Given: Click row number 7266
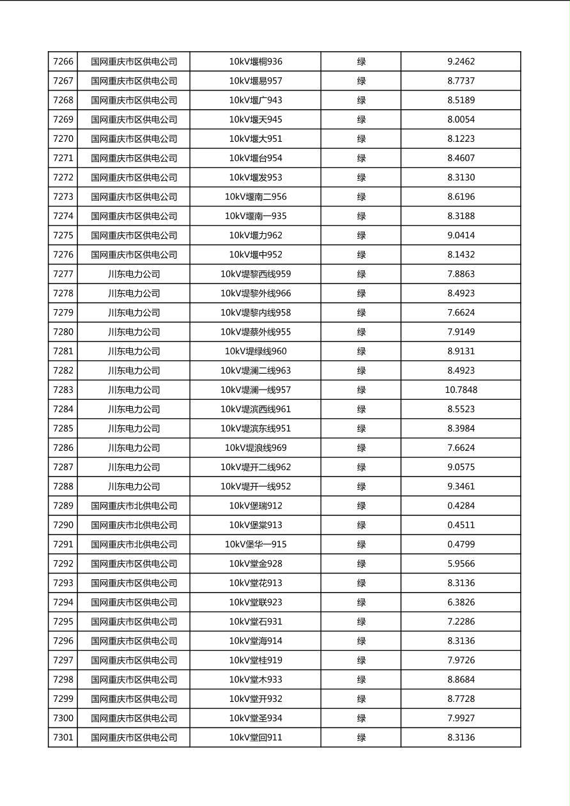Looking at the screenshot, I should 63,62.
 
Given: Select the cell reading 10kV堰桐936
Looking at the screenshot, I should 256,62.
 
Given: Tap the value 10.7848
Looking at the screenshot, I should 461,390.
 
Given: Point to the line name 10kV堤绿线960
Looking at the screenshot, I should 256,351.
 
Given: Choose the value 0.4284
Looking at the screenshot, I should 461,506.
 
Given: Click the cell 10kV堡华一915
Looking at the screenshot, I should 256,544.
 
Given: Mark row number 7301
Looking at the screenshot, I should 63,738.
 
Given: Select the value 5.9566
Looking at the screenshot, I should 461,564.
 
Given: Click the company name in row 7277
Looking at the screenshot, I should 134,274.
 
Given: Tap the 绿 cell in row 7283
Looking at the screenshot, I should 361,390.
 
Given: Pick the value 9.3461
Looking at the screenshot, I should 461,487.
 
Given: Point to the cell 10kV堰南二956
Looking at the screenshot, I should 256,197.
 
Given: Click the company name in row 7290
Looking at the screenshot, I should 134,525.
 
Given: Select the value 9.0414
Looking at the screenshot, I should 461,236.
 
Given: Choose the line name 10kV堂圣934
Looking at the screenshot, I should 256,719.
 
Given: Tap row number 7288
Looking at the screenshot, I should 63,487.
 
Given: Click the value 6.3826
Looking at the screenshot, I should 461,602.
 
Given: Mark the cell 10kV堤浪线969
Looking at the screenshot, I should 256,448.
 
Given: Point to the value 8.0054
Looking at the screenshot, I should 461,119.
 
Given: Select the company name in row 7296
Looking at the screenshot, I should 134,641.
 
